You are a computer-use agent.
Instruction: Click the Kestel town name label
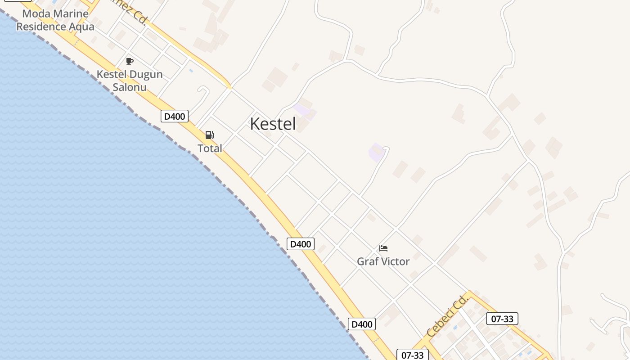pos(273,124)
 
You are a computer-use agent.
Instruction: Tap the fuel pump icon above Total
pos(209,135)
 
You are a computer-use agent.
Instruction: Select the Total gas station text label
pos(210,148)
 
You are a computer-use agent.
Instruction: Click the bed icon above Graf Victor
pos(383,248)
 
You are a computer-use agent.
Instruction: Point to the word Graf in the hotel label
pos(367,261)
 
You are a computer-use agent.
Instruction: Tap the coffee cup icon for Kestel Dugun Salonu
pos(130,62)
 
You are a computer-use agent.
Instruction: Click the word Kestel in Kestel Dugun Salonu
pos(112,75)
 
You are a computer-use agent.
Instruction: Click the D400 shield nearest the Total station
pos(174,116)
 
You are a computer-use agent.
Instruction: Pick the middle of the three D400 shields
pos(300,244)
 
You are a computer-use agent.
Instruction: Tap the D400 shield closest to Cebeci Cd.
pos(361,324)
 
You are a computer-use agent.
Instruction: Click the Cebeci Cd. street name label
pos(447,317)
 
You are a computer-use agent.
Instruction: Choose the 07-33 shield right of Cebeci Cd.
pos(502,319)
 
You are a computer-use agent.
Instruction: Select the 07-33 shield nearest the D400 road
pos(412,355)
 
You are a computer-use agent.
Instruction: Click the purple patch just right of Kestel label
pos(301,109)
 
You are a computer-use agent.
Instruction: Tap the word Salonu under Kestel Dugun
pos(130,87)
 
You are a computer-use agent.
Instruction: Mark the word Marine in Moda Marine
pos(70,13)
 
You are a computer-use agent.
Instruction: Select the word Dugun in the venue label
pos(146,75)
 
